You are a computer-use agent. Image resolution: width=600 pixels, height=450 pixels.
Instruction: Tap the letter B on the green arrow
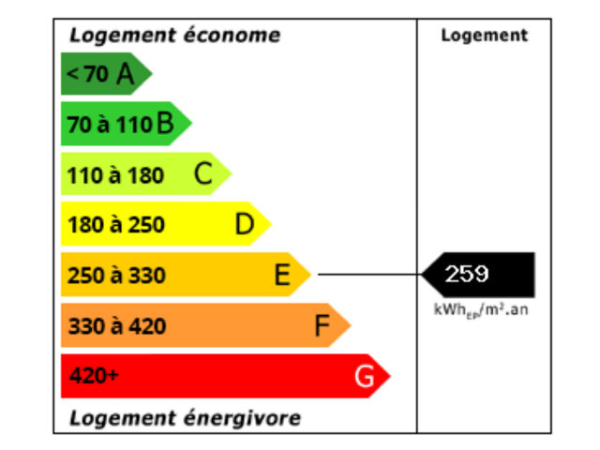click(166, 124)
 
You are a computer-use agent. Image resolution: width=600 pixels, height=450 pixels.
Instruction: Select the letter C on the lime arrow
click(203, 174)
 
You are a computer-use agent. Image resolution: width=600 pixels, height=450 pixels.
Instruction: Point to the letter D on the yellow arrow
click(245, 225)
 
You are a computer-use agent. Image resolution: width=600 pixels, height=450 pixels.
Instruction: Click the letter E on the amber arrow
click(282, 276)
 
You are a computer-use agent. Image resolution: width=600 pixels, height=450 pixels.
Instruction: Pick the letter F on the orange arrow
click(322, 326)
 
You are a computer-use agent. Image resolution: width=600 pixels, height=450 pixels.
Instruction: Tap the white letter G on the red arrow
click(364, 377)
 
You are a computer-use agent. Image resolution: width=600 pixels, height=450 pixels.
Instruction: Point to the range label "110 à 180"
click(115, 175)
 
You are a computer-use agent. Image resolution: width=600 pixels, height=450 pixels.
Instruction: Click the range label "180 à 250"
click(115, 225)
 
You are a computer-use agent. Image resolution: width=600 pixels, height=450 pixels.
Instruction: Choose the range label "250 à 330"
click(115, 276)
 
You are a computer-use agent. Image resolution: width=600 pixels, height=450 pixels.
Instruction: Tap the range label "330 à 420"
click(115, 326)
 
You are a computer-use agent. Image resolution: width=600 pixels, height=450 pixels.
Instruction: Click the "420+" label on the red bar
click(95, 377)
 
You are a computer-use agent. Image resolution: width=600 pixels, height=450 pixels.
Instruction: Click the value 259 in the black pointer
click(467, 274)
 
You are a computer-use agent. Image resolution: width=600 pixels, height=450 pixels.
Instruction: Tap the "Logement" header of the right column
click(484, 36)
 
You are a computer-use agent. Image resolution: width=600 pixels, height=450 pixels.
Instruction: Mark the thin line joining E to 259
click(370, 275)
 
